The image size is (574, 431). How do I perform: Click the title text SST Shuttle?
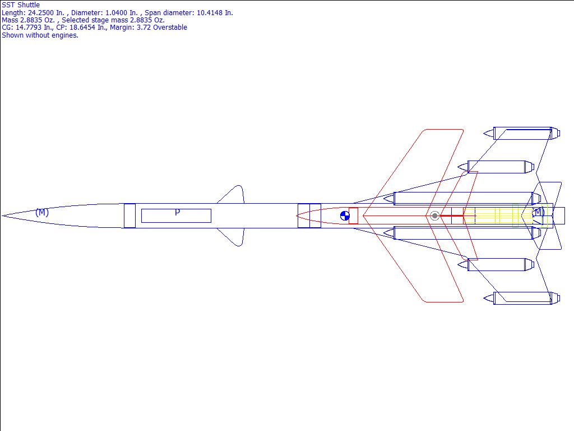click(x=21, y=5)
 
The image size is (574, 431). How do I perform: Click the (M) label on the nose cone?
click(x=42, y=212)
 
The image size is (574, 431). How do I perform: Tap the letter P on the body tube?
click(x=177, y=212)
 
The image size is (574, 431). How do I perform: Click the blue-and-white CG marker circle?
click(x=345, y=215)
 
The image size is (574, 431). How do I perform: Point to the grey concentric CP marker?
click(x=434, y=215)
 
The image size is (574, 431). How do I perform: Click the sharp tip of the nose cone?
click(x=2, y=215)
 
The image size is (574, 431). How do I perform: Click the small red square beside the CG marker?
click(x=353, y=215)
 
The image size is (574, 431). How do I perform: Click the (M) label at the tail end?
click(x=538, y=212)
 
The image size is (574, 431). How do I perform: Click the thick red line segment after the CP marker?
click(x=451, y=215)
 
